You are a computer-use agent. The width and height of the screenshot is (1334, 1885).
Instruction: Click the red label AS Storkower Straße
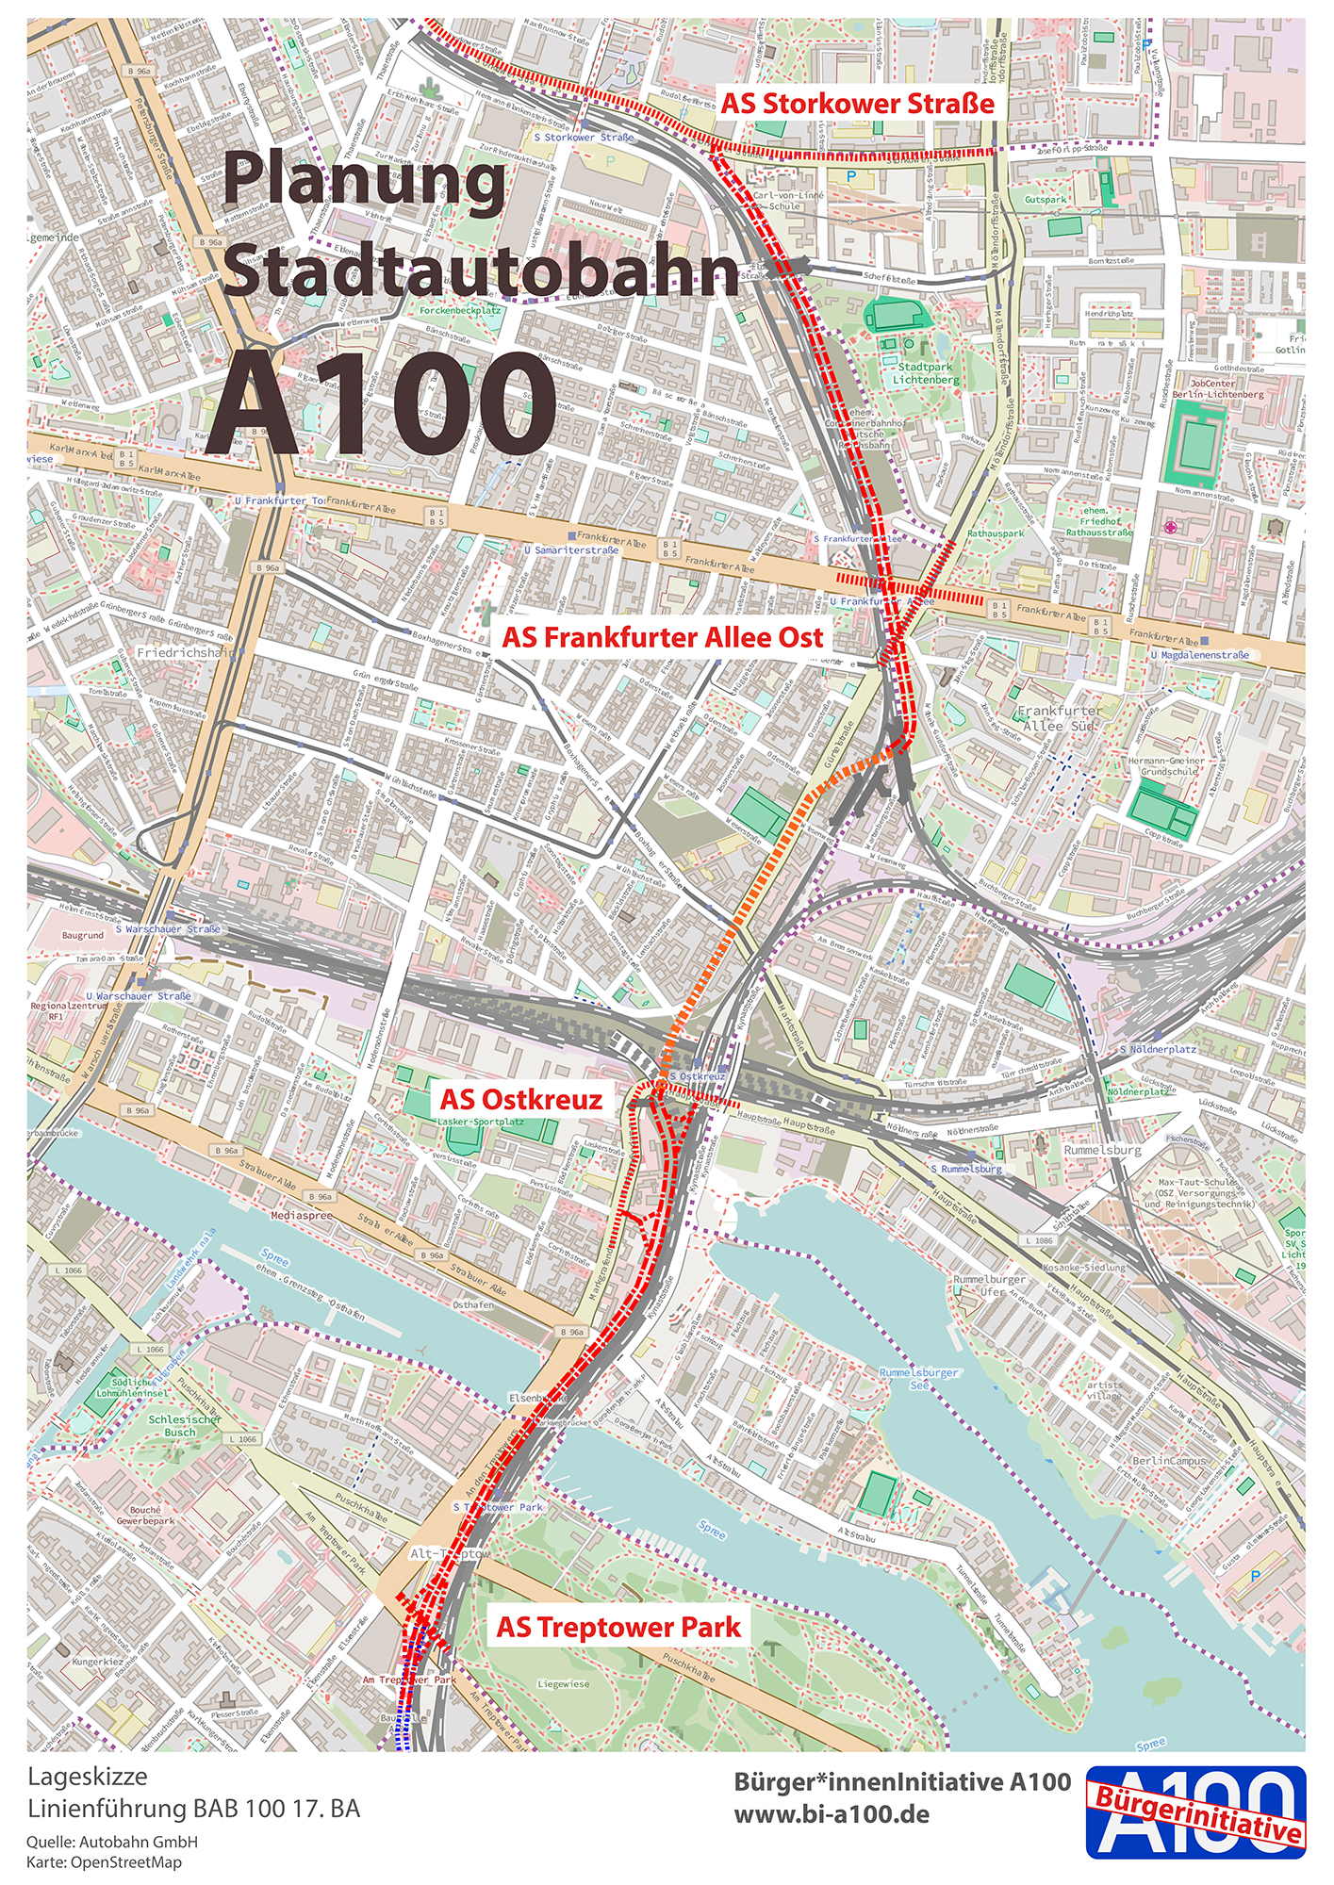857,104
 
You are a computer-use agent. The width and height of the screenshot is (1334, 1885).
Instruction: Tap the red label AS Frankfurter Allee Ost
662,638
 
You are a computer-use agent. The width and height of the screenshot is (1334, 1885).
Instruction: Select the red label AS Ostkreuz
520,1099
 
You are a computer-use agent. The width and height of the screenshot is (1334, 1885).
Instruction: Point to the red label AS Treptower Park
618,1627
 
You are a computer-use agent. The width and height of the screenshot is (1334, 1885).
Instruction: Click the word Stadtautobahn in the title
481,270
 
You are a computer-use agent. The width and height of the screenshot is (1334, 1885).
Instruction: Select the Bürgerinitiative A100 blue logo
1195,1811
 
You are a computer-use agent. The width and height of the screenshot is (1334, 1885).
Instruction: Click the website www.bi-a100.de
831,1814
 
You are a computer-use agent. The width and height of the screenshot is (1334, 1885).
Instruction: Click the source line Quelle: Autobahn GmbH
111,1842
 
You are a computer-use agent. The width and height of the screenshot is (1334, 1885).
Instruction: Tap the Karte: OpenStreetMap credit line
104,1862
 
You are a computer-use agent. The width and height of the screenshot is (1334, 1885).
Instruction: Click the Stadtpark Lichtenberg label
925,373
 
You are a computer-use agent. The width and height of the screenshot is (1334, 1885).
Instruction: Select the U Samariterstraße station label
572,549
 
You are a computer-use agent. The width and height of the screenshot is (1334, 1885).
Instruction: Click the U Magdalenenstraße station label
1199,654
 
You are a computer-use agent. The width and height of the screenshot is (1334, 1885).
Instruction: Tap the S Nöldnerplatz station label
1158,1049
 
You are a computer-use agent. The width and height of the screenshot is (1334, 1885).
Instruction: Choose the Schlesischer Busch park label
185,1425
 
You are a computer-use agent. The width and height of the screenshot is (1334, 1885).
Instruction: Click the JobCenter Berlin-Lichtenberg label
1225,388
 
